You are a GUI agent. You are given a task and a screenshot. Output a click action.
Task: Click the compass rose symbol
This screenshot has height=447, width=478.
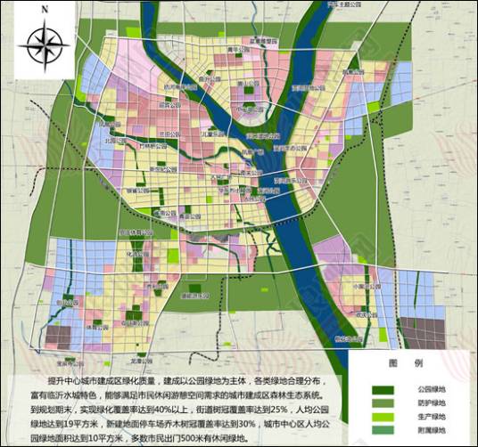click(x=44, y=41)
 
